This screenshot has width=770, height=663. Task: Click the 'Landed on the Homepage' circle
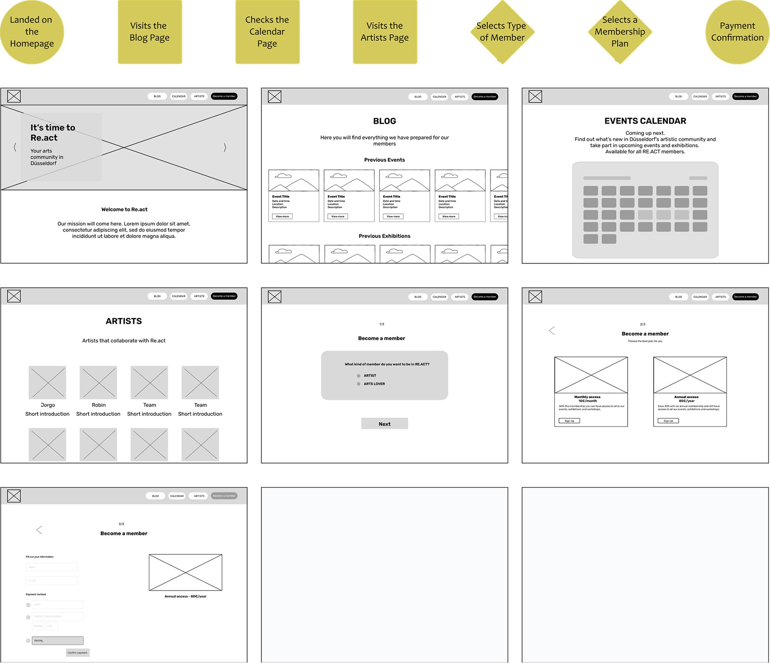[32, 32]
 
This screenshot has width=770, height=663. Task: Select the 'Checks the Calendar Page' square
[267, 32]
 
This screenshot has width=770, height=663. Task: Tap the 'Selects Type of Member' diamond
[502, 32]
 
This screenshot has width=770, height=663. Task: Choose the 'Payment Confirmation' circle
[737, 32]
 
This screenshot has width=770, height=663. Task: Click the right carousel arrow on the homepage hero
[225, 148]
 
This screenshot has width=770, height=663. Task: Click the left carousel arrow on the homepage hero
[15, 148]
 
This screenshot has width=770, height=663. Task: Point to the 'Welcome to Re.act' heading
[124, 209]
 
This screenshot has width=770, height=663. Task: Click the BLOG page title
[385, 121]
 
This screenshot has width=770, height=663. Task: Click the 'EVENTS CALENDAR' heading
[645, 121]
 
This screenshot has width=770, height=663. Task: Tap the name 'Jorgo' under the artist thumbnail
[48, 405]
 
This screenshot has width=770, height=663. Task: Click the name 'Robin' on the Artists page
[99, 405]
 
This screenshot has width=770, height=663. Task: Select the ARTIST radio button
[359, 376]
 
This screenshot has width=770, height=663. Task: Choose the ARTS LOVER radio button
[359, 384]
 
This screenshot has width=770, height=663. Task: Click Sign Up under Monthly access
[569, 421]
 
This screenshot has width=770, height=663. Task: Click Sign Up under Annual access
[668, 421]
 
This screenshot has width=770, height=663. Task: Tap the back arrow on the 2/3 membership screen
[551, 330]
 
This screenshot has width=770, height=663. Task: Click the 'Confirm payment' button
[78, 653]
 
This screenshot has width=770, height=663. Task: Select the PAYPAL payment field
[58, 641]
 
